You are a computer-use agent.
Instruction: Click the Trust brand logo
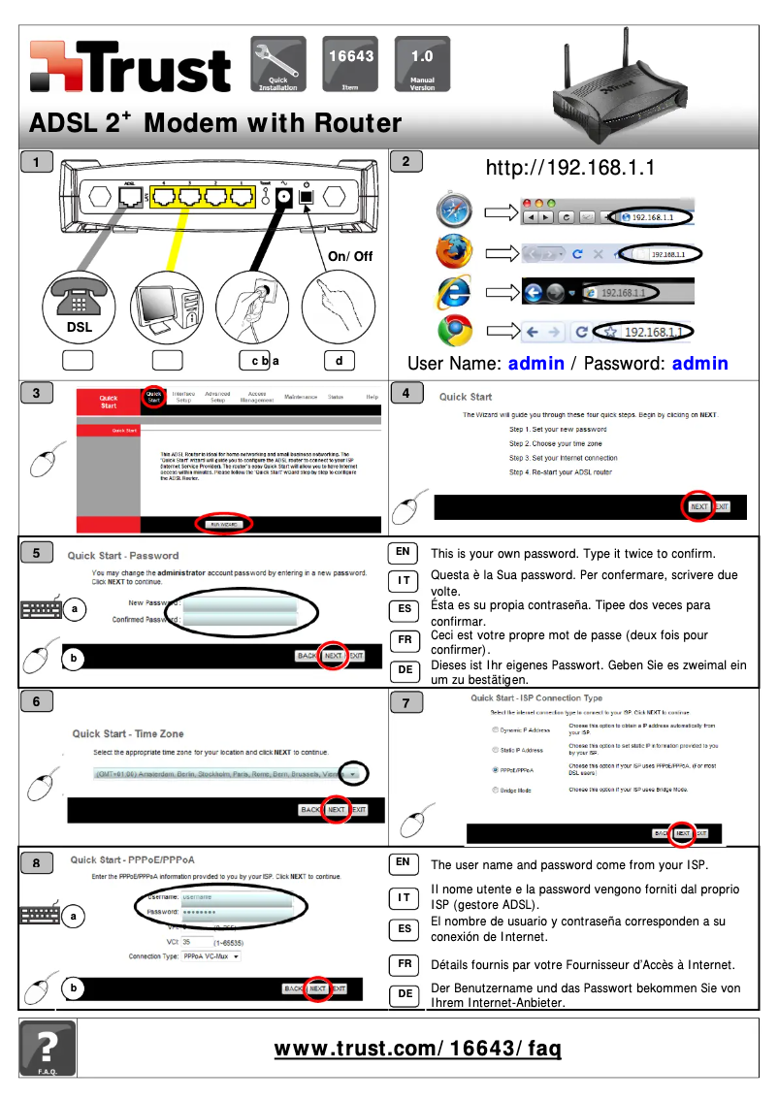point(130,68)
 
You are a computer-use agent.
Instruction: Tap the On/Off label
point(350,256)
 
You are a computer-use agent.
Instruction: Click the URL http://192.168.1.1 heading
point(570,168)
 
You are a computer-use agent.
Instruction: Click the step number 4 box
point(405,393)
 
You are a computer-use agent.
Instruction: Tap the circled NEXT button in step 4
point(698,506)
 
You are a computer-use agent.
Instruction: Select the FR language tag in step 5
point(405,640)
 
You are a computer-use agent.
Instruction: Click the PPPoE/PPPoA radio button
point(497,770)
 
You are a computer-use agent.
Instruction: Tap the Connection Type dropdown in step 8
point(211,956)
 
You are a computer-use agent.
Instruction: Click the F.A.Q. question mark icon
point(48,1048)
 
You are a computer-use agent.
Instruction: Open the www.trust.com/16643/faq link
point(417,1049)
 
